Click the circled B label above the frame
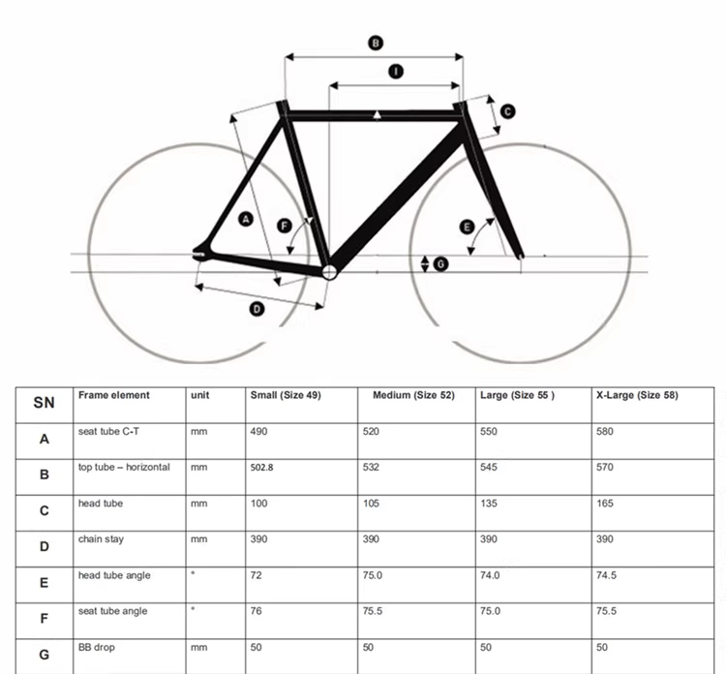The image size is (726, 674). point(376,42)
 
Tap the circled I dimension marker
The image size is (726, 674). point(395,71)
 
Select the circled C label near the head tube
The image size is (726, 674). point(507,111)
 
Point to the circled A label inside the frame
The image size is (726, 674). point(245,220)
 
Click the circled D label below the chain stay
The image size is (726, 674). point(257,309)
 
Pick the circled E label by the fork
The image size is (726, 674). point(467,228)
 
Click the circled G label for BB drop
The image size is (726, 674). point(440,263)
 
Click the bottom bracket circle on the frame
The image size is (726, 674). point(329,272)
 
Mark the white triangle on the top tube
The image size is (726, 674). point(377,115)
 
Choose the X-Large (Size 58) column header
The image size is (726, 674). point(637,395)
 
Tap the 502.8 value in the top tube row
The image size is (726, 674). point(263,468)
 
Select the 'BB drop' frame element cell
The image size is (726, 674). point(96,648)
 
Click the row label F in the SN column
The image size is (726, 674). point(45,618)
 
